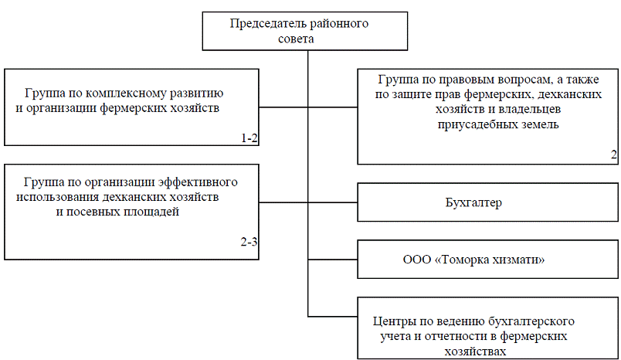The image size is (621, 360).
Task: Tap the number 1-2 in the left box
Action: [249, 138]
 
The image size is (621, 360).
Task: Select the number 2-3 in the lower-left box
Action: [249, 242]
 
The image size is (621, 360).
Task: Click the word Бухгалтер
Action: [473, 203]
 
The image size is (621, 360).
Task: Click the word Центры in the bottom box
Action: [393, 320]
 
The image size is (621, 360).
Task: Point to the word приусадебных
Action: [469, 123]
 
